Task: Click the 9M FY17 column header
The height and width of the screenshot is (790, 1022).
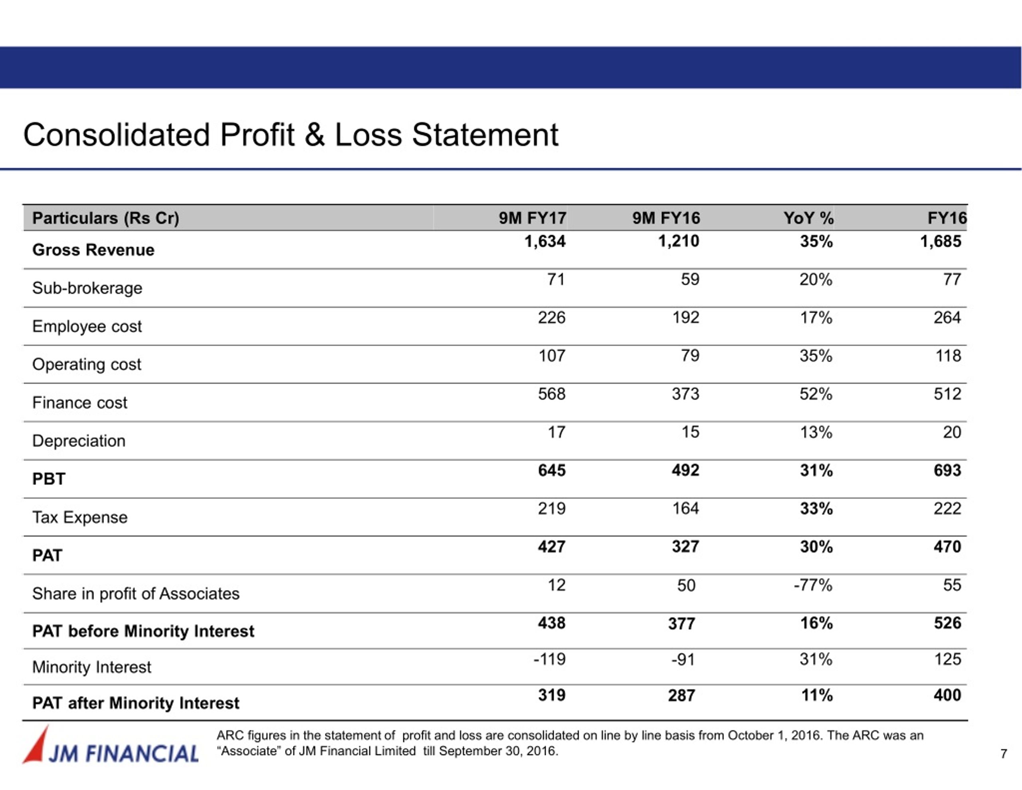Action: (x=532, y=218)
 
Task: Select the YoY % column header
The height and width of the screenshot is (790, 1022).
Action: (x=808, y=218)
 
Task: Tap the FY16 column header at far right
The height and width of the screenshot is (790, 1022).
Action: (x=947, y=218)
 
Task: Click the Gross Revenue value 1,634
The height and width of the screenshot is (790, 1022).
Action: (x=545, y=242)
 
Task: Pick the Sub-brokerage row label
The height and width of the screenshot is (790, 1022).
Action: (x=87, y=288)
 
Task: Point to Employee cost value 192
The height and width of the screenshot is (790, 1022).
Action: (x=685, y=318)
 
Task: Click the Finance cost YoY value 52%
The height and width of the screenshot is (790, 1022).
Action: (x=816, y=394)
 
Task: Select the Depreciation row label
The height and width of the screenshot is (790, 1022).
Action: (x=79, y=441)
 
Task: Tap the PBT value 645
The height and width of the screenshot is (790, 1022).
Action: (x=552, y=470)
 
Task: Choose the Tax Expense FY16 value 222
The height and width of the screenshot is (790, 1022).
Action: (x=948, y=508)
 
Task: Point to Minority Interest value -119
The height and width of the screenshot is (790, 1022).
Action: (x=549, y=659)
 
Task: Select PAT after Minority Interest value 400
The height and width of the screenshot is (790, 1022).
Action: (x=948, y=695)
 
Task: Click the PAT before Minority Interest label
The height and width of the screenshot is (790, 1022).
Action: (x=143, y=631)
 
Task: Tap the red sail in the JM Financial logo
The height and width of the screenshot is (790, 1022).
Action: (x=36, y=745)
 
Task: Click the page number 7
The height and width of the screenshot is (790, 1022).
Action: (x=1003, y=754)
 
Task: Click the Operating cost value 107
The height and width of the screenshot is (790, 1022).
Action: (x=552, y=356)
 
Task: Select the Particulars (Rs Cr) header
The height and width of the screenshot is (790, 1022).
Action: (x=106, y=218)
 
